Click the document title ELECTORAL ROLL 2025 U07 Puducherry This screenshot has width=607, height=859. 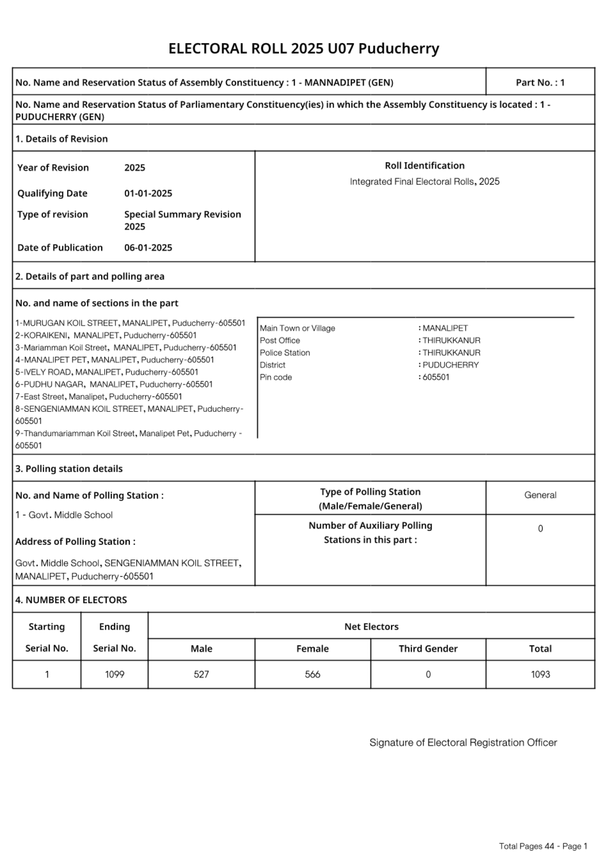(x=303, y=48)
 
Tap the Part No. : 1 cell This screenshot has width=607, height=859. (x=540, y=82)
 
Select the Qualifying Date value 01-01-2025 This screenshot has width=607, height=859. (x=148, y=193)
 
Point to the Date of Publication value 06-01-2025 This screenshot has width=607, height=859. (x=148, y=248)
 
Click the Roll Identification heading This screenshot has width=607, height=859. (x=424, y=166)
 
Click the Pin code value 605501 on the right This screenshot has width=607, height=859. (x=436, y=377)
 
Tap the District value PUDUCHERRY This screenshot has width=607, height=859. (x=450, y=365)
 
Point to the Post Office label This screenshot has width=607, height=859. (x=280, y=341)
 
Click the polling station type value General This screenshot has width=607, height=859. (x=540, y=495)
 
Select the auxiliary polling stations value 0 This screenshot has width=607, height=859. (x=540, y=529)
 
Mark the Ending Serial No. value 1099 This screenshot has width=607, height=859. (x=115, y=674)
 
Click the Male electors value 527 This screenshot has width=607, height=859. (x=201, y=674)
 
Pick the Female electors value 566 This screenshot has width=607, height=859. (x=312, y=674)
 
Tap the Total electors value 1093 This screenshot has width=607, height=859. (x=540, y=674)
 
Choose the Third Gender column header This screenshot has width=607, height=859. (x=428, y=648)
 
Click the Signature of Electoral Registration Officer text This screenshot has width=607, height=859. (x=463, y=742)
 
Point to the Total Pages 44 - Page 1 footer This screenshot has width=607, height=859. (x=543, y=846)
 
